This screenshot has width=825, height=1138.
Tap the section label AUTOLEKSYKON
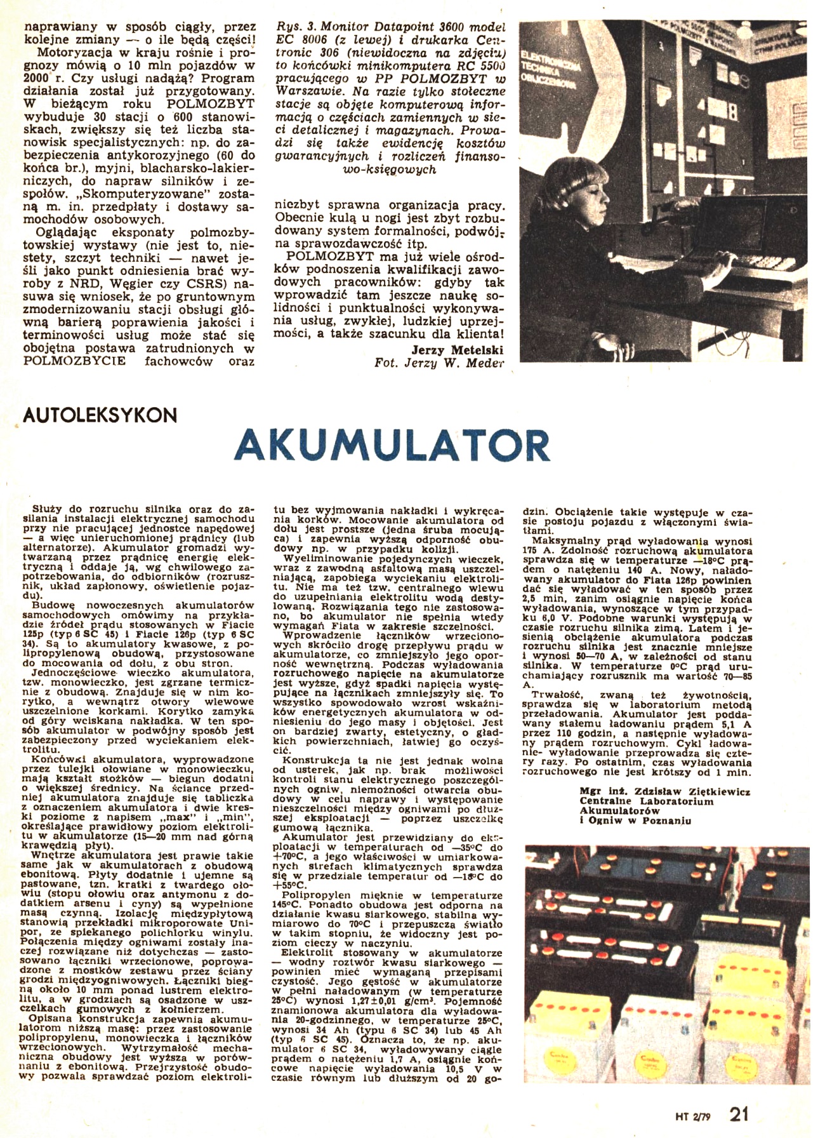[99, 416]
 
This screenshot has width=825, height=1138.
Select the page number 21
[739, 1114]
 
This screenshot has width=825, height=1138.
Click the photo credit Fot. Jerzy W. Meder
[440, 363]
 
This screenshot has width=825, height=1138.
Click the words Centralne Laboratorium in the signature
[637, 801]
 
